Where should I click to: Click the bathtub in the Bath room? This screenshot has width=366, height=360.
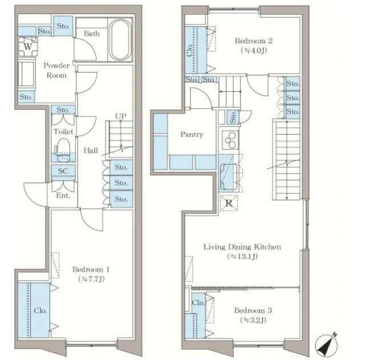coord(120,39)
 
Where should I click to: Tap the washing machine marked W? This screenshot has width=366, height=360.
coord(28,47)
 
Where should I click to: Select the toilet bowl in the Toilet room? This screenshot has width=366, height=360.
coord(62,150)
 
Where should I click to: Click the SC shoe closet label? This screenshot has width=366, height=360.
coord(63,171)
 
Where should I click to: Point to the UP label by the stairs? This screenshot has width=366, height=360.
coord(120,116)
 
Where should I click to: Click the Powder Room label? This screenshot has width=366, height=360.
coord(56,70)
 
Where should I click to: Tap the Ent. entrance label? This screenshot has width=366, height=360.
coord(63,195)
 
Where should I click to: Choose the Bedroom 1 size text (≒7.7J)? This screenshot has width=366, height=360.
coord(91,279)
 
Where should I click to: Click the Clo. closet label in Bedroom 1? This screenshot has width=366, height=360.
coord(40,310)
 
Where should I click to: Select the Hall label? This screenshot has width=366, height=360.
coord(91,150)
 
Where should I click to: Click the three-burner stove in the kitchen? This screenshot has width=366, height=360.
coord(230,140)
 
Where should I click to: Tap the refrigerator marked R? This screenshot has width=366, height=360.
coord(229,203)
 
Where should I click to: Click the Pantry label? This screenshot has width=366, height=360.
coord(192,134)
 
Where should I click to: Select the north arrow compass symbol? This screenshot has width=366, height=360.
coord(327,346)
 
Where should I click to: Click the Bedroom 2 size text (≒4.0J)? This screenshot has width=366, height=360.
coord(254,50)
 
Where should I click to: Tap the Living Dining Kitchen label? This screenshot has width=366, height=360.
coord(242,247)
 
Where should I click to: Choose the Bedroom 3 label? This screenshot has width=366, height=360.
coord(253,310)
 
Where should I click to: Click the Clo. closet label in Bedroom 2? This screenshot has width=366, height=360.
coord(190,50)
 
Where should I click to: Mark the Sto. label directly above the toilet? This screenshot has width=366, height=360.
coord(63,110)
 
